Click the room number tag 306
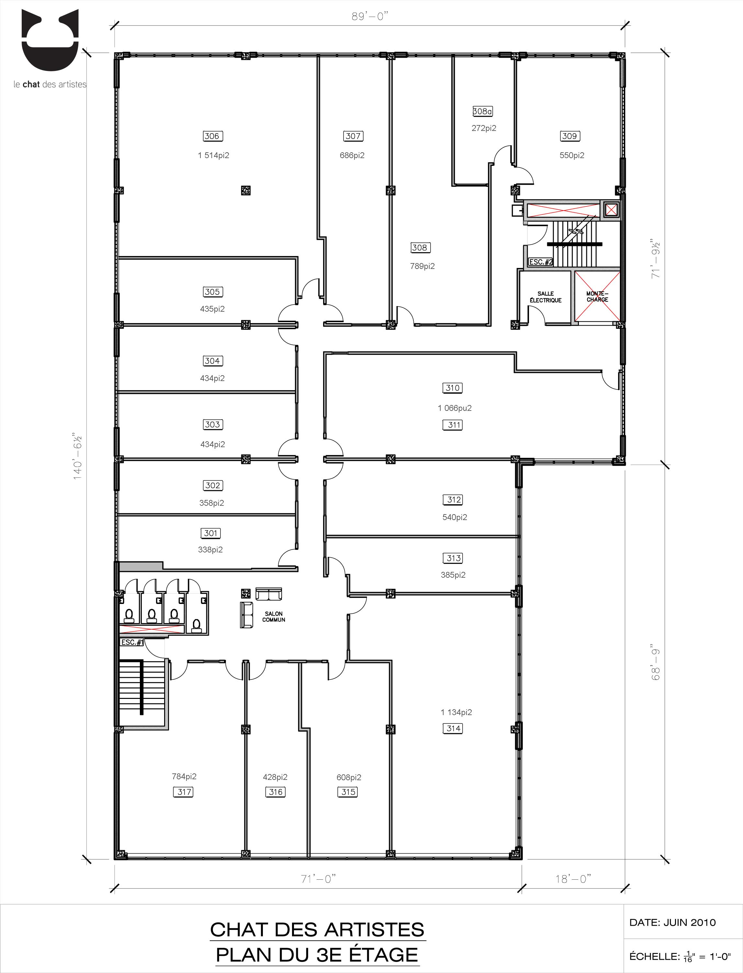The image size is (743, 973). point(212,136)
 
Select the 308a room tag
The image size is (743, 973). point(482,111)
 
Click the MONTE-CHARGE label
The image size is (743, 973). point(598,296)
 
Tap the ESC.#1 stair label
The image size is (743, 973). point(132,642)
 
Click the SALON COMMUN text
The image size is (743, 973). point(274,617)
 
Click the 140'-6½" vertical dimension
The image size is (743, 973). point(78,456)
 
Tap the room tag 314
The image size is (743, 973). point(453,728)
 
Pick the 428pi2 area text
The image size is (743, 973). point(275,777)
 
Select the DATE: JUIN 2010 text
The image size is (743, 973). point(672,922)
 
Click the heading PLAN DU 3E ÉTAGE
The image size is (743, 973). point(317,955)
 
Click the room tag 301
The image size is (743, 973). point(210,533)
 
